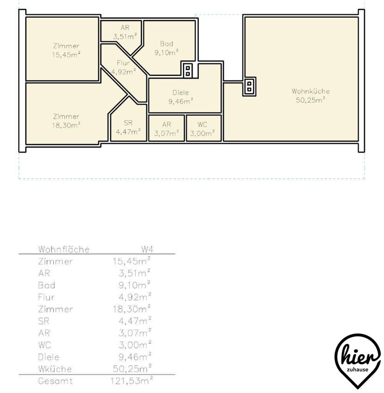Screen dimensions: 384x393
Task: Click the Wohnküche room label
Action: click(x=311, y=91)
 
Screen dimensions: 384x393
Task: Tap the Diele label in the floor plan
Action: click(x=181, y=93)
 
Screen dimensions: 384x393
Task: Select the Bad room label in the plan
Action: click(x=166, y=44)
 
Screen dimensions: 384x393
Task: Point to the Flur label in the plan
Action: click(x=123, y=63)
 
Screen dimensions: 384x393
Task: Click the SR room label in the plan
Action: click(x=128, y=123)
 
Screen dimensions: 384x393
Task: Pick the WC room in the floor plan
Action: click(x=204, y=128)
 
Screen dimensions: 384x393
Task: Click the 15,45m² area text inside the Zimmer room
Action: click(x=67, y=55)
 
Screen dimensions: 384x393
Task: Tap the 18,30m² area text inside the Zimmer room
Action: click(x=67, y=125)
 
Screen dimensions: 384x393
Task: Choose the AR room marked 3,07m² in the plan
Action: click(x=166, y=128)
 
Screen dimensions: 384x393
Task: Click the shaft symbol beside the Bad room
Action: click(x=188, y=71)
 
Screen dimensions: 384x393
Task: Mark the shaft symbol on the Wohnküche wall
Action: click(x=249, y=86)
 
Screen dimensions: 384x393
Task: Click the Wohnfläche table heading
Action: click(x=64, y=249)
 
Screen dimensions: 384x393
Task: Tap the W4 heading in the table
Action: click(x=147, y=249)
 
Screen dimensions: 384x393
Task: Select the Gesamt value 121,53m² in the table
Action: click(x=132, y=381)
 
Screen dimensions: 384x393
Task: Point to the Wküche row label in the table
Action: click(x=55, y=369)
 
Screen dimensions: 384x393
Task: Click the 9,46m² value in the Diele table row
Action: click(x=135, y=356)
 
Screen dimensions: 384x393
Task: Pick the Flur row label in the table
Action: click(x=46, y=297)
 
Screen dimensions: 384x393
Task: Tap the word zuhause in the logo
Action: click(x=358, y=370)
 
